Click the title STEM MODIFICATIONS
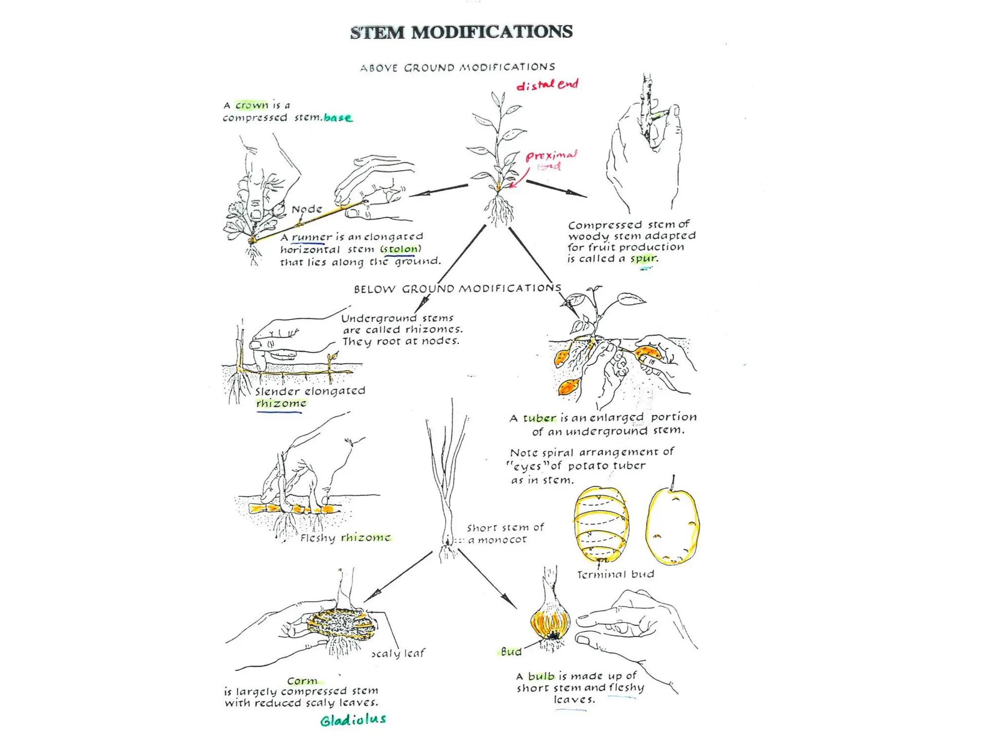[x=461, y=32]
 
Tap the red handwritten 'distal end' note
[x=547, y=85]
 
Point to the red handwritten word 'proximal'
[x=551, y=156]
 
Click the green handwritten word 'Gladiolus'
[x=353, y=720]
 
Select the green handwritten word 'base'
[x=338, y=118]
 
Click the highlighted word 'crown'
[x=252, y=105]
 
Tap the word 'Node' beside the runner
[x=307, y=209]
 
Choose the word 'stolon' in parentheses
[x=400, y=249]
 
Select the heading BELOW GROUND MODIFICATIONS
[x=457, y=289]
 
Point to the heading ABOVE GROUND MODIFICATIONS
[x=457, y=67]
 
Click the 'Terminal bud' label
[x=616, y=574]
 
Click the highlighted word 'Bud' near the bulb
[x=511, y=652]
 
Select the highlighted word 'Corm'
[x=302, y=681]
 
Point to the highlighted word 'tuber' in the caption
[x=539, y=418]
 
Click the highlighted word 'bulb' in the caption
[x=541, y=676]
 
